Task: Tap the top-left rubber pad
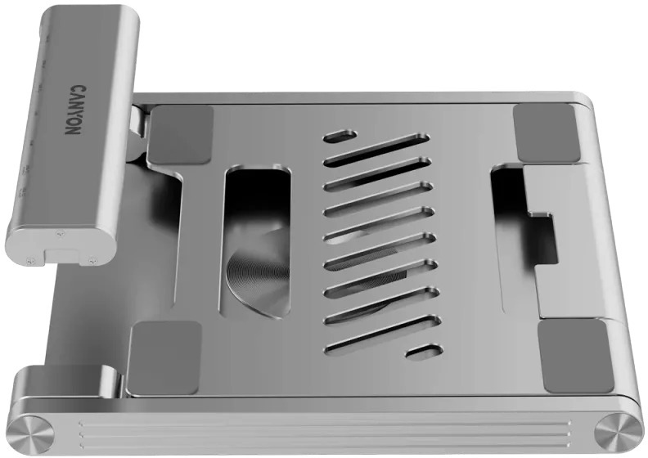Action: tap(181, 135)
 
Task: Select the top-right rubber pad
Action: tap(545, 133)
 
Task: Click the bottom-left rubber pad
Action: tap(164, 357)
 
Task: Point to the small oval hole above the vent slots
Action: tap(340, 137)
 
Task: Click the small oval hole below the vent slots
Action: tap(425, 351)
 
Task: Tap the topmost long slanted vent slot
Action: tap(376, 150)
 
